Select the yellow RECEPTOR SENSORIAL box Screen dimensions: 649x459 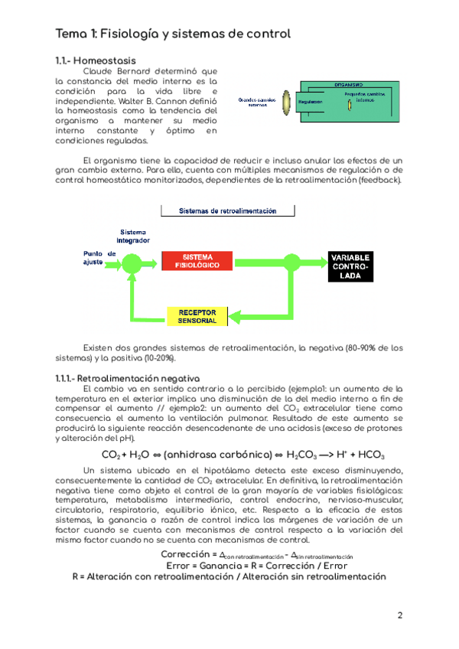point(197,316)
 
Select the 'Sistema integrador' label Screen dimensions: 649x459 point(134,236)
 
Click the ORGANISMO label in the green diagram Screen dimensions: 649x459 point(348,85)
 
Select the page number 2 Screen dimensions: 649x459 point(400,615)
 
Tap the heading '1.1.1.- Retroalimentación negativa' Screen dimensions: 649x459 point(127,378)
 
